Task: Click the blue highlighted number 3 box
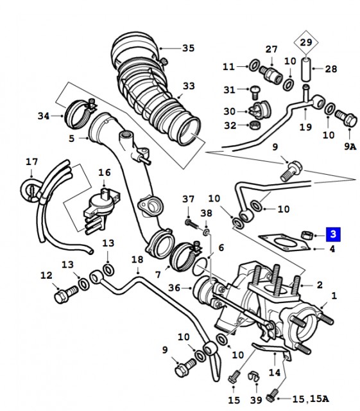(333, 234)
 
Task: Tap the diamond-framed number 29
(306, 42)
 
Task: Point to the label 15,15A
(310, 399)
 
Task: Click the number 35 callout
(189, 48)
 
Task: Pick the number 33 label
(189, 85)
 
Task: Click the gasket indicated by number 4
(284, 242)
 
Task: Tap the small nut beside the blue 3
(305, 234)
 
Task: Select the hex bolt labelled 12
(66, 294)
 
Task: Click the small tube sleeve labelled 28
(305, 70)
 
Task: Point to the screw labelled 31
(254, 92)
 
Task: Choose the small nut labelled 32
(255, 125)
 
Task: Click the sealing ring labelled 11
(253, 66)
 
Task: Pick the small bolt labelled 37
(193, 225)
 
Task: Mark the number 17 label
(31, 162)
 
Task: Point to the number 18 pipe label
(137, 259)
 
